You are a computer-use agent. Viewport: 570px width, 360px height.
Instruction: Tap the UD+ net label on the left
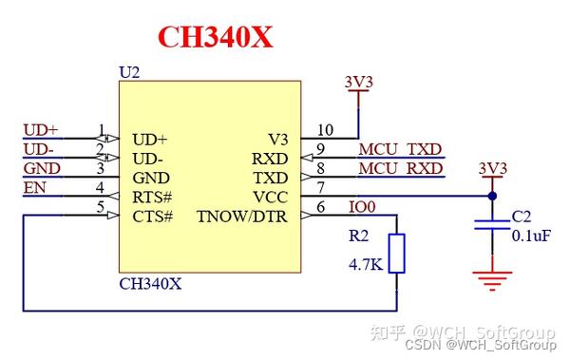click(x=40, y=129)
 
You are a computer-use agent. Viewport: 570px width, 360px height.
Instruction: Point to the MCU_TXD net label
click(x=400, y=149)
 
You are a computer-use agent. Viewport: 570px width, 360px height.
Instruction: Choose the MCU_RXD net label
click(x=400, y=168)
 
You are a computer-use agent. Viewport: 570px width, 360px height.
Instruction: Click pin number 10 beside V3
click(x=325, y=130)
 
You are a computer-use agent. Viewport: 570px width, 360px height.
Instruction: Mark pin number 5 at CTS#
click(x=101, y=206)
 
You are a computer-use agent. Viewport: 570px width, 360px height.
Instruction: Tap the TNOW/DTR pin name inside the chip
click(x=241, y=216)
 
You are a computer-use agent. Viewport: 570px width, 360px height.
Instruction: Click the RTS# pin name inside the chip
click(x=152, y=197)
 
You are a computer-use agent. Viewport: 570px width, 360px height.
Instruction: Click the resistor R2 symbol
click(x=397, y=253)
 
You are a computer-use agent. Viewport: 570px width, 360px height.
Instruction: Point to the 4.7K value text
click(x=365, y=265)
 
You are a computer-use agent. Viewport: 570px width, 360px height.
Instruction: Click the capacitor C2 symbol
click(x=492, y=225)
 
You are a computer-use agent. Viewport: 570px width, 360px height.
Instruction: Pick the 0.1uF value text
click(x=531, y=235)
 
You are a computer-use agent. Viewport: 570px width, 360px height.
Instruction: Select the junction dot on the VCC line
click(x=492, y=197)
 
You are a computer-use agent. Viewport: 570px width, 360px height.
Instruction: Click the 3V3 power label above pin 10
click(x=359, y=82)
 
